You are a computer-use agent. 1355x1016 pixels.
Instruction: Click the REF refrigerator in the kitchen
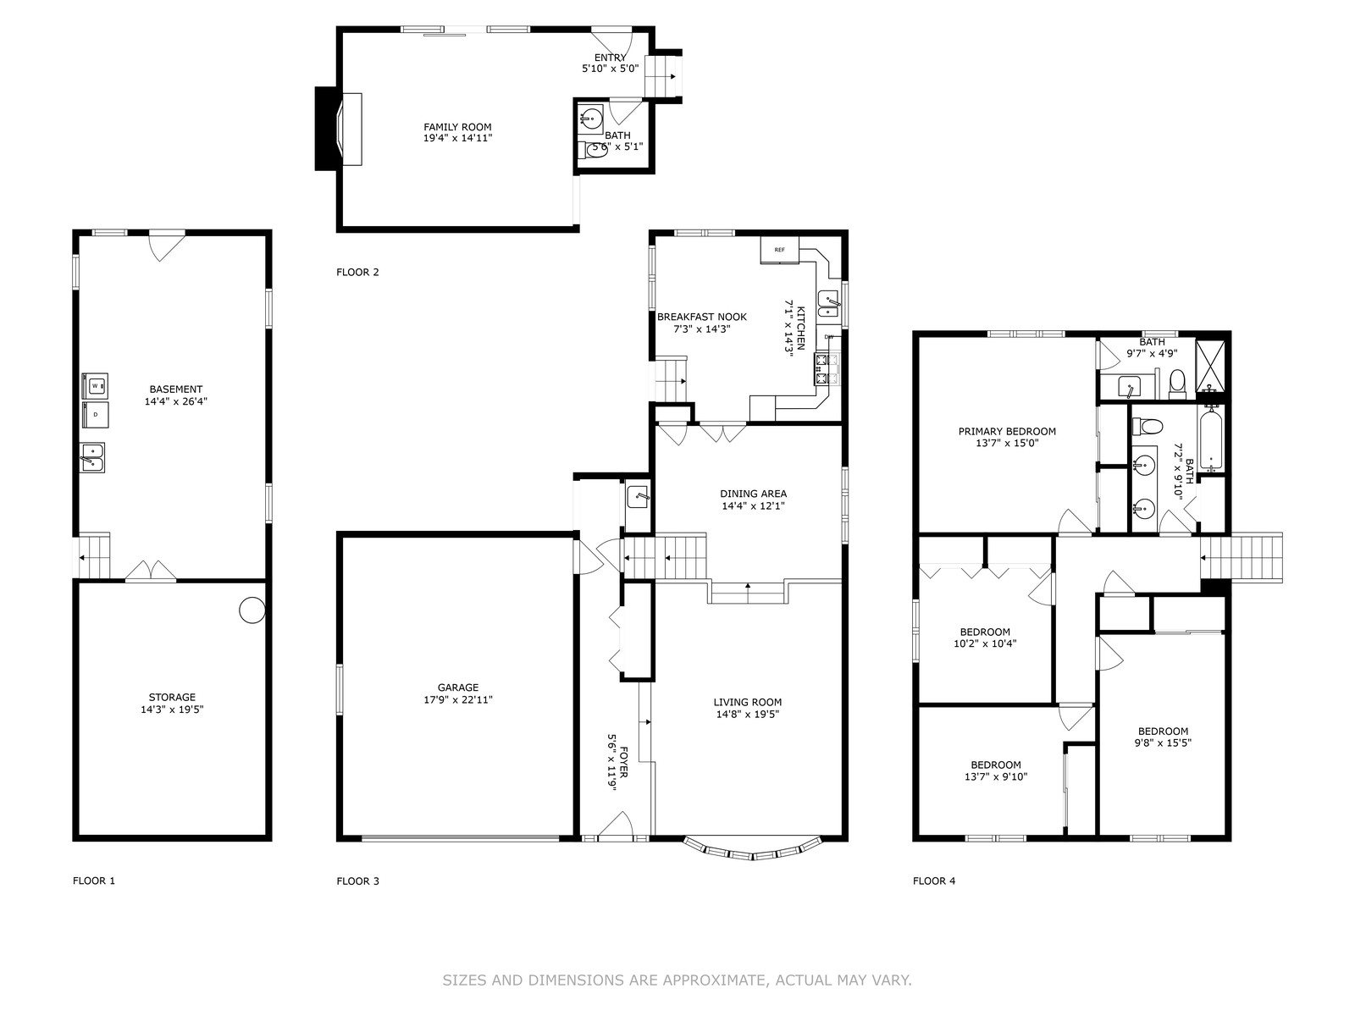[x=780, y=250]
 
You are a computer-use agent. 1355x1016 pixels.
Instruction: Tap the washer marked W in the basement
[x=95, y=386]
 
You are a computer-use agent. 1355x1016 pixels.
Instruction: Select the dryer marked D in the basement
[x=95, y=415]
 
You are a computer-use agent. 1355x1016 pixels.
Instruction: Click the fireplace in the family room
[x=338, y=129]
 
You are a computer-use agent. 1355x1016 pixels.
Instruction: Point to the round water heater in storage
[x=252, y=610]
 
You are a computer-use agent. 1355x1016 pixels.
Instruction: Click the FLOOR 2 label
[x=357, y=272]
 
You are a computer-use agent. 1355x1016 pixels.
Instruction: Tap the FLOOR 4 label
[x=934, y=881]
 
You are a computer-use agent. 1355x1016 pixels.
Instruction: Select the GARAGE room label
[x=458, y=687]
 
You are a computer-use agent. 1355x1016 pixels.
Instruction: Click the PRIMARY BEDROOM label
[x=1007, y=432]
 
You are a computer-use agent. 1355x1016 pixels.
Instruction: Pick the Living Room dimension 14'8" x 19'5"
[x=748, y=715]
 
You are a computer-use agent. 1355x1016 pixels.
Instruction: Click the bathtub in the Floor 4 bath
[x=1211, y=439]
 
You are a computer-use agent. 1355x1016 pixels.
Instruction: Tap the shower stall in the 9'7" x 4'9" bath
[x=1210, y=366]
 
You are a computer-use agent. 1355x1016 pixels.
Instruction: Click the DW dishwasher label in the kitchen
[x=829, y=337]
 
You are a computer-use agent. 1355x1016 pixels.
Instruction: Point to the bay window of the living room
[x=753, y=849]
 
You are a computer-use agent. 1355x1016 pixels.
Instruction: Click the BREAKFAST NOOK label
[x=702, y=317]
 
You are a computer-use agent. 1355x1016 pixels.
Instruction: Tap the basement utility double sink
[x=92, y=458]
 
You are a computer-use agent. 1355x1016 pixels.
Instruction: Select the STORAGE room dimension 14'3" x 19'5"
[x=172, y=710]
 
